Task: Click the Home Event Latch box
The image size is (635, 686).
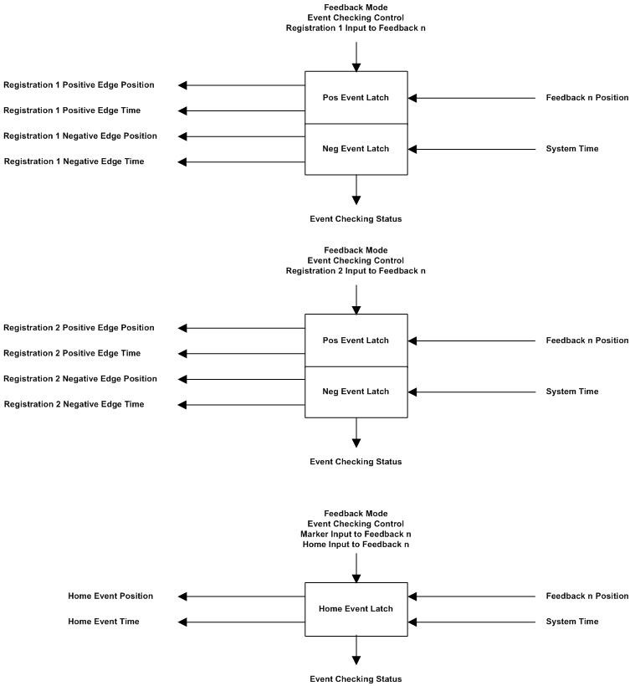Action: [x=356, y=608]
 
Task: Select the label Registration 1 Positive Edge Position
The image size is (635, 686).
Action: [x=79, y=84]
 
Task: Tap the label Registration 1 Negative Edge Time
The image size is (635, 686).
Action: [x=74, y=161]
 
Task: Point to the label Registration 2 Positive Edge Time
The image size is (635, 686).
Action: [x=72, y=353]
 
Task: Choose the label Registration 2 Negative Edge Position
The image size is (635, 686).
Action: [x=80, y=379]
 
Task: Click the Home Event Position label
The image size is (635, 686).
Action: [x=110, y=596]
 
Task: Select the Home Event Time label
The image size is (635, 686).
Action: [x=104, y=622]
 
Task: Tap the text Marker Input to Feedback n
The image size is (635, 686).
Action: [x=356, y=534]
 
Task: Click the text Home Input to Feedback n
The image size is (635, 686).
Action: [x=356, y=545]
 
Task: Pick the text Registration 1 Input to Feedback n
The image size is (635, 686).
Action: [x=356, y=28]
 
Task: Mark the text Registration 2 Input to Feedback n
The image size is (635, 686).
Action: [x=356, y=271]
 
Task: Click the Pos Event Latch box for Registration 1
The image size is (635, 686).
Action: [x=356, y=98]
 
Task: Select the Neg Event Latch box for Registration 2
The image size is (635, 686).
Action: [x=356, y=392]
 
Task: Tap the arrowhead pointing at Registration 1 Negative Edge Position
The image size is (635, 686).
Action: [x=183, y=136]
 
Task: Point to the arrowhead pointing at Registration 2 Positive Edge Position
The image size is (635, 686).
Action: [x=183, y=328]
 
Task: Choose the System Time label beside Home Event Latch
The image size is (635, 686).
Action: [x=572, y=622]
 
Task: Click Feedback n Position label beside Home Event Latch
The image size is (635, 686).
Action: [x=586, y=596]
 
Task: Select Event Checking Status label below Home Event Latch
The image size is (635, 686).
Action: [x=356, y=678]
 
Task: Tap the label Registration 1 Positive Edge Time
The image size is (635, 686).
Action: [x=72, y=110]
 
